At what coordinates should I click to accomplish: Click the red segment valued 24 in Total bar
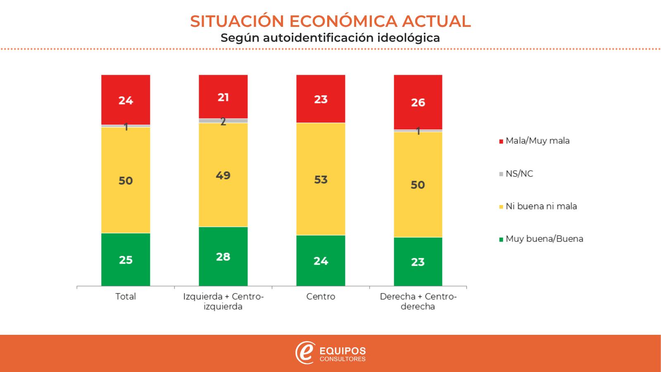pos(126,100)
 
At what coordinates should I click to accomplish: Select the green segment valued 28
pos(223,256)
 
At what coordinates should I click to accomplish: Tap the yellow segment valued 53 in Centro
pos(321,179)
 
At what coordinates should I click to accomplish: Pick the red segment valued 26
pos(418,102)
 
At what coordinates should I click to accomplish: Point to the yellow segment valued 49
pos(223,175)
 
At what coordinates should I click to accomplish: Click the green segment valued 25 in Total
pos(126,260)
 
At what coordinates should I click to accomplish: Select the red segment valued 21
pos(223,97)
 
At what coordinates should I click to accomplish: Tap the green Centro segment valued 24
pos(321,260)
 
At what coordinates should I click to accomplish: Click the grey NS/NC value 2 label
pos(223,121)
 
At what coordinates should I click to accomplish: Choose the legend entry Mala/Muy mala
pos(537,141)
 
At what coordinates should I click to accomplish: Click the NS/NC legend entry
pos(519,174)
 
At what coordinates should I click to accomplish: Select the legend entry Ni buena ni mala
pos(541,206)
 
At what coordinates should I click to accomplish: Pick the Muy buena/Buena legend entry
pos(544,239)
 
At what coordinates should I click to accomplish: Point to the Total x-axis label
pos(126,297)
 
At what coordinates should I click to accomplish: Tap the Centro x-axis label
pos(321,297)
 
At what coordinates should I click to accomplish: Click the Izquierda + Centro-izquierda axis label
pos(223,302)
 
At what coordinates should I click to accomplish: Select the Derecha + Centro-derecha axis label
pos(418,302)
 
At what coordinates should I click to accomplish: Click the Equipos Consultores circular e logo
pos(304,353)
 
